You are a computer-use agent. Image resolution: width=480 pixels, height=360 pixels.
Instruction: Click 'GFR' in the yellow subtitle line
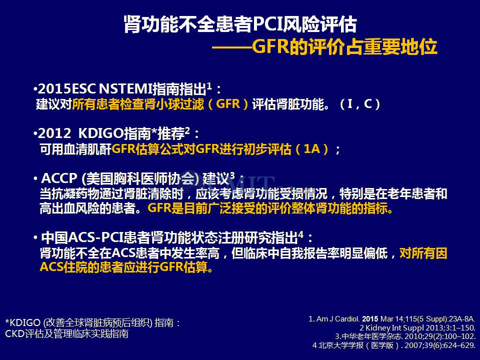coord(270,46)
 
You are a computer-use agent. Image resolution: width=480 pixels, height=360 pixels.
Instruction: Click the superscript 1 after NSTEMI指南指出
coord(209,85)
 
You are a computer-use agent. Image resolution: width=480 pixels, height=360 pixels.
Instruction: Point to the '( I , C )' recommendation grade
coord(360,104)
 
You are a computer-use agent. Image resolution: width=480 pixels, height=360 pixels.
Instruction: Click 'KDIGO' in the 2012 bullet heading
coord(101,133)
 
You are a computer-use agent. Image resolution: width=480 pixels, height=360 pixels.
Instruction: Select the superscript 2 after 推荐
coord(187,130)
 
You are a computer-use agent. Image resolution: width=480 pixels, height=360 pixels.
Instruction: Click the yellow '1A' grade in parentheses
coord(312,149)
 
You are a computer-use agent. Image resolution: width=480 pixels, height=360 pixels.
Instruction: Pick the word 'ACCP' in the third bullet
coord(59,178)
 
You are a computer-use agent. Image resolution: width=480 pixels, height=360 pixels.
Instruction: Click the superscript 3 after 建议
coord(232,175)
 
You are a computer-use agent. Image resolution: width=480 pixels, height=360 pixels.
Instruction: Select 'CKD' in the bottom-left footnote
coord(15,333)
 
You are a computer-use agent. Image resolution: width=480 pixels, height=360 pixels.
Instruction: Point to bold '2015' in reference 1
coord(370,319)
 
